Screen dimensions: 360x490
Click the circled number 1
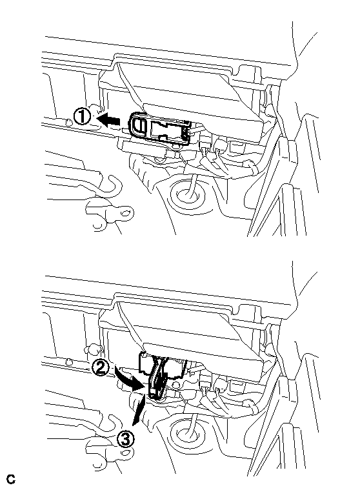click(82, 117)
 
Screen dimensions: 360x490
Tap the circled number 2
click(101, 369)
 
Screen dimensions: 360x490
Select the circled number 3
click(126, 440)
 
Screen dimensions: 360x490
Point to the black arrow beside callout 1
click(108, 120)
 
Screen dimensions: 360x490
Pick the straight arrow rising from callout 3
click(139, 410)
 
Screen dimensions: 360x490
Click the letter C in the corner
click(10, 479)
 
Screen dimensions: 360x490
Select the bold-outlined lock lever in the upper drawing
click(160, 129)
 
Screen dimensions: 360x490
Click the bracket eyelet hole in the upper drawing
click(126, 214)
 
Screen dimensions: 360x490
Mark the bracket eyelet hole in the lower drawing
click(126, 453)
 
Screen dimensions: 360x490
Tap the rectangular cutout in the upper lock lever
click(165, 130)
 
